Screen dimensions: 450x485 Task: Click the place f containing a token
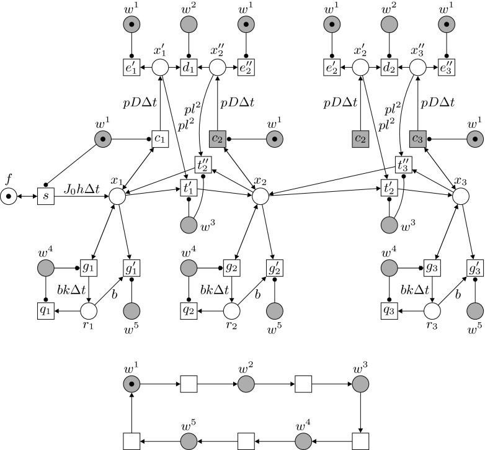pos(9,196)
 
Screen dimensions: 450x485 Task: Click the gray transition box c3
pos(418,138)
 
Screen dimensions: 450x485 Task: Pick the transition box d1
pos(189,68)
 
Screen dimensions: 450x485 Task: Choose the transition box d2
pos(389,68)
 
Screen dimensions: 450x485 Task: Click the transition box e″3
pos(447,68)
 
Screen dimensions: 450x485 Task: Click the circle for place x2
pos(260,196)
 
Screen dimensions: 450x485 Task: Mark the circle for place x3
pos(460,196)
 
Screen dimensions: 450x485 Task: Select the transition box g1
pos(87,268)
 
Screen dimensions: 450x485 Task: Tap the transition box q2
pos(189,309)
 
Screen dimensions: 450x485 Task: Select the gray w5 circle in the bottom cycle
pos(189,441)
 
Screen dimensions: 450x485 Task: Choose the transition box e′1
pos(131,68)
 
